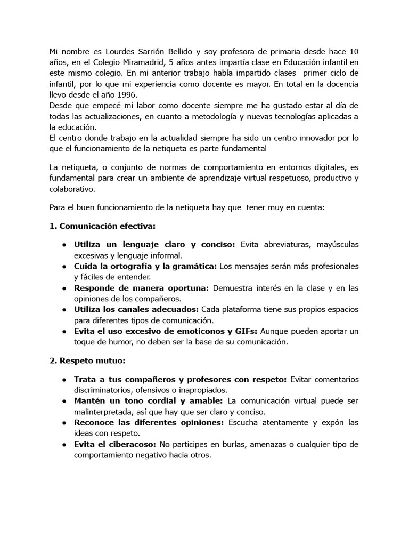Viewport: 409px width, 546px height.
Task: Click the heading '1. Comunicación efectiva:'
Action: [102, 226]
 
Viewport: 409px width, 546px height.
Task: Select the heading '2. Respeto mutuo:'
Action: [87, 360]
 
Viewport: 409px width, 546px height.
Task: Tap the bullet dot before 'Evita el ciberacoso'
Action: [64, 444]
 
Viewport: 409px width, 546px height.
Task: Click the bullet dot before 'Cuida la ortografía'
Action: [64, 266]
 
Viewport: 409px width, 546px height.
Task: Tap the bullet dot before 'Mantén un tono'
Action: [64, 401]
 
